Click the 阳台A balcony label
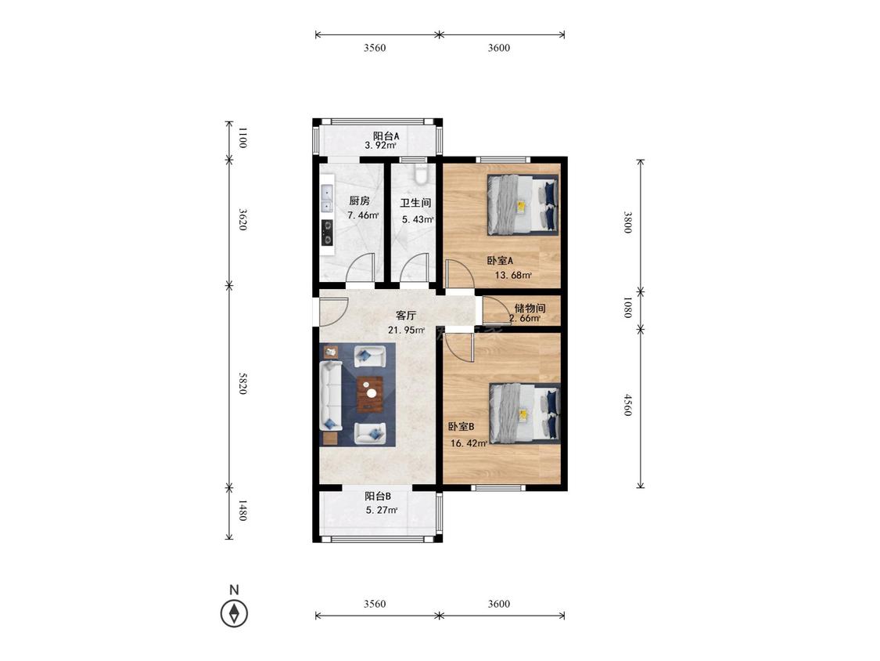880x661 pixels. click(386, 136)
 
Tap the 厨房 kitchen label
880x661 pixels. click(359, 200)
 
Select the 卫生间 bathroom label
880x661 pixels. click(415, 203)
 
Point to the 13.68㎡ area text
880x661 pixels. click(513, 276)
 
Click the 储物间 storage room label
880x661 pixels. click(530, 308)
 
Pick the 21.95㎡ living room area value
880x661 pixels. click(406, 330)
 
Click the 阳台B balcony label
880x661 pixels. click(378, 497)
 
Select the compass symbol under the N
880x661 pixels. click(234, 613)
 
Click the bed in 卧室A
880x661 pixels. click(523, 204)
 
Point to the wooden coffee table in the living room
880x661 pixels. click(370, 394)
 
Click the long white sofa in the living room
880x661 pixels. click(331, 396)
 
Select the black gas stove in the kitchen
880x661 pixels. click(326, 233)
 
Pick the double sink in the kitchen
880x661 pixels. click(327, 200)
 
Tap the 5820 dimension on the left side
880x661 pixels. click(242, 383)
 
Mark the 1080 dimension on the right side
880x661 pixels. click(627, 308)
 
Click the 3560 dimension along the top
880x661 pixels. click(375, 48)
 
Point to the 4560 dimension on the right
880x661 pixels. click(627, 405)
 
